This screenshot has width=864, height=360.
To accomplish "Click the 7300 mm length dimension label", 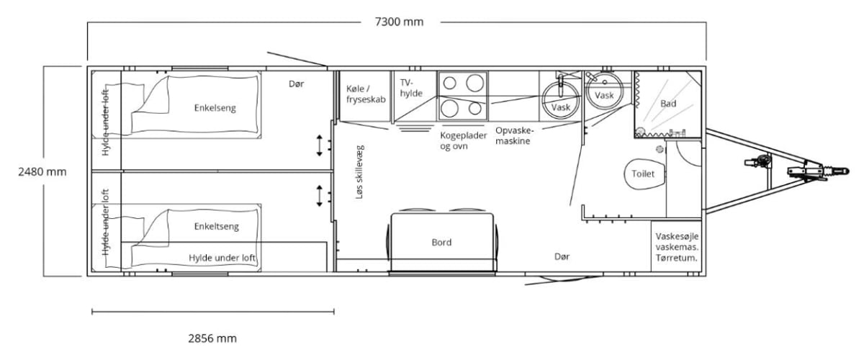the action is click(399, 22).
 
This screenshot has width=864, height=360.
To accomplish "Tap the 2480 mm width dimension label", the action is click(42, 171).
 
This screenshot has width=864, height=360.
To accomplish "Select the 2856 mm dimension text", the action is click(212, 338).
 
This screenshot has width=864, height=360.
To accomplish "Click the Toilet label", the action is click(643, 174).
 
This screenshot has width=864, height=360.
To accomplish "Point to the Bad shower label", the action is click(668, 104).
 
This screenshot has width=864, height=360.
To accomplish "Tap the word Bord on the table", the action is click(441, 243).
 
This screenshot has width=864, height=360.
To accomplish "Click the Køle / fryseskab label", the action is click(366, 94).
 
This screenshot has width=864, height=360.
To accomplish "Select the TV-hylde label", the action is click(411, 88).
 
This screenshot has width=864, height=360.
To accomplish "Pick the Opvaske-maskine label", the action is click(515, 135).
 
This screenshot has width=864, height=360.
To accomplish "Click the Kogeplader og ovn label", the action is click(463, 141).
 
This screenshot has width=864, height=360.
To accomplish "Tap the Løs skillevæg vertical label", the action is click(359, 172).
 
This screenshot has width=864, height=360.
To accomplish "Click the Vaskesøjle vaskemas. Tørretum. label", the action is click(677, 247).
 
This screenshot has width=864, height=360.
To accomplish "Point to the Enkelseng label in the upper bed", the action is click(215, 108).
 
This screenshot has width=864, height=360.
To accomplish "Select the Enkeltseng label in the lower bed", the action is click(217, 226).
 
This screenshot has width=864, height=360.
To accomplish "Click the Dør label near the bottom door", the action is click(562, 256).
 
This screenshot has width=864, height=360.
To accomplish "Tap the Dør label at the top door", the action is click(296, 84).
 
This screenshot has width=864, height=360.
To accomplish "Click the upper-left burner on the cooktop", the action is click(450, 83).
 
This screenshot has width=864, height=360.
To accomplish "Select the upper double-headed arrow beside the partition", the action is click(320, 145).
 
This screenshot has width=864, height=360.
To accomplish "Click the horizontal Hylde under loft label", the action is click(222, 258).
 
